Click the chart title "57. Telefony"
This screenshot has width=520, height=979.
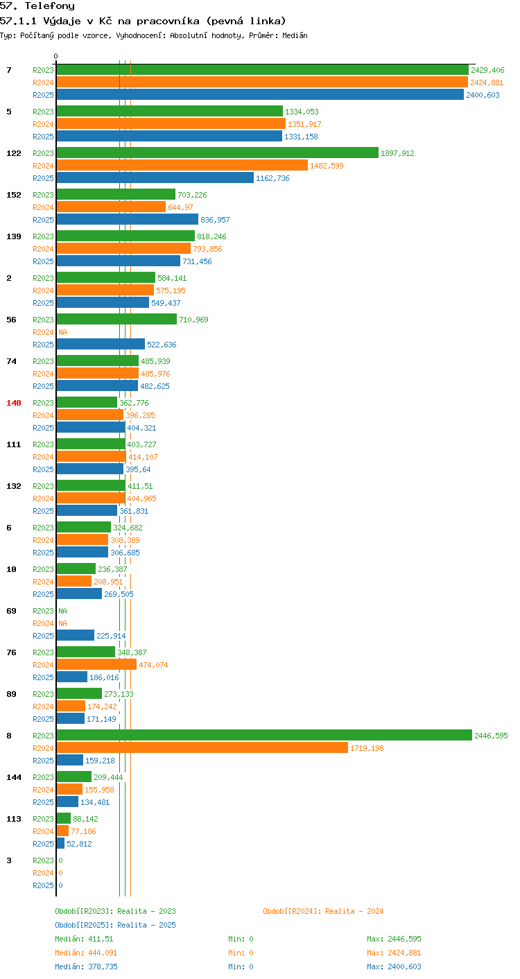click(37, 6)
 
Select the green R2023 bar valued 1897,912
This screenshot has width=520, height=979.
click(218, 153)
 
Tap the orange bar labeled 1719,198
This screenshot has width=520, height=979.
click(202, 747)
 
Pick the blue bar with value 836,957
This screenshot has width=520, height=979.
click(128, 219)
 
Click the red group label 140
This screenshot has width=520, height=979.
click(14, 403)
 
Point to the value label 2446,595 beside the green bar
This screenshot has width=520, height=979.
click(491, 736)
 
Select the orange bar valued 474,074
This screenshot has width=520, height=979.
click(96, 664)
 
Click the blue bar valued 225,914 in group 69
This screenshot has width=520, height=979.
click(76, 635)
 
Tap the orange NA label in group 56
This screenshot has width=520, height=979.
click(63, 332)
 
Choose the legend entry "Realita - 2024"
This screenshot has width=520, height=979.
click(323, 911)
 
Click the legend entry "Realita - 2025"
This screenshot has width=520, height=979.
click(115, 925)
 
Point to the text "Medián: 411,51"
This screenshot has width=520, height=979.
click(84, 939)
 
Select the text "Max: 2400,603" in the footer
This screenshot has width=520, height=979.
click(394, 967)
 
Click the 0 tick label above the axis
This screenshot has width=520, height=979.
click(56, 56)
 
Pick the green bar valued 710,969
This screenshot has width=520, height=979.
click(116, 319)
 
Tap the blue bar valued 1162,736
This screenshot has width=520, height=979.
click(155, 177)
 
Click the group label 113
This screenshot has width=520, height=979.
click(14, 819)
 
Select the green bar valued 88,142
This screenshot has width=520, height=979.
click(64, 818)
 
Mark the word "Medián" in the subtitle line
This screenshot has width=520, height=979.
click(295, 35)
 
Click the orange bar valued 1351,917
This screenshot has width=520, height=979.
click(171, 123)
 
